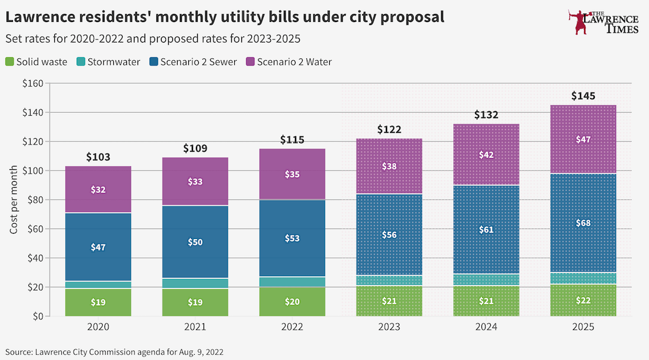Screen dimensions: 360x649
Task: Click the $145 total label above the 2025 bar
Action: tap(583, 96)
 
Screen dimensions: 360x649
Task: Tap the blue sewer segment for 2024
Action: tap(486, 230)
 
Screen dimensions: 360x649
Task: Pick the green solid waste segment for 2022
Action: tap(292, 302)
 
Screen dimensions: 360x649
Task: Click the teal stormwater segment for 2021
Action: tap(195, 283)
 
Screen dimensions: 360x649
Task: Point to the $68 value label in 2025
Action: tap(583, 223)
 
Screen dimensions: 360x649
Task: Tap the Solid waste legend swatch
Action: tap(10, 61)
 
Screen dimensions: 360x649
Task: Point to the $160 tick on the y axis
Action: tap(32, 83)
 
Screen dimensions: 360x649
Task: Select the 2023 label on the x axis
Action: tap(389, 327)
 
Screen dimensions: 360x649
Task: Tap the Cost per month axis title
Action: tap(13, 199)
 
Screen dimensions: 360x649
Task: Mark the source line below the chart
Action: tap(115, 351)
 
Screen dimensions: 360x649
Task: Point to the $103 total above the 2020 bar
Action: tap(98, 157)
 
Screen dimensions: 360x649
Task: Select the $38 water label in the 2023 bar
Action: tap(389, 166)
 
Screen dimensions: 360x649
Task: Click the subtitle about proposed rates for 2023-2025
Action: tap(153, 39)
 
